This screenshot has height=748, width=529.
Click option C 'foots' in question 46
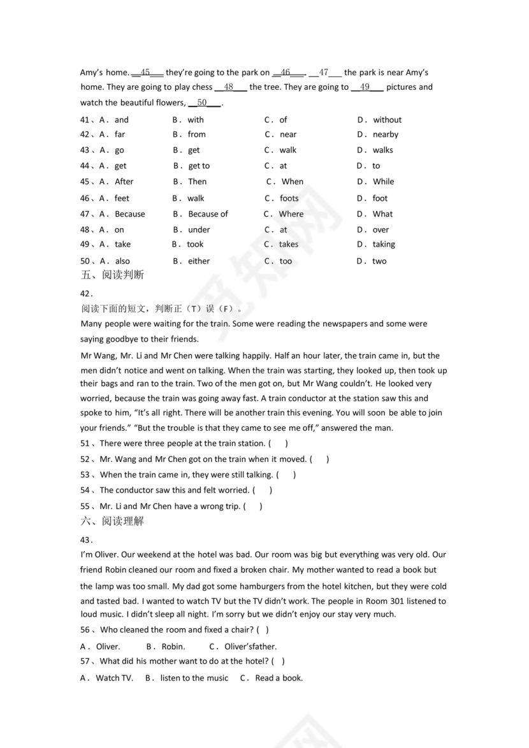pyautogui.click(x=289, y=198)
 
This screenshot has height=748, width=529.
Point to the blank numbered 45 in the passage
pyautogui.click(x=147, y=73)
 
